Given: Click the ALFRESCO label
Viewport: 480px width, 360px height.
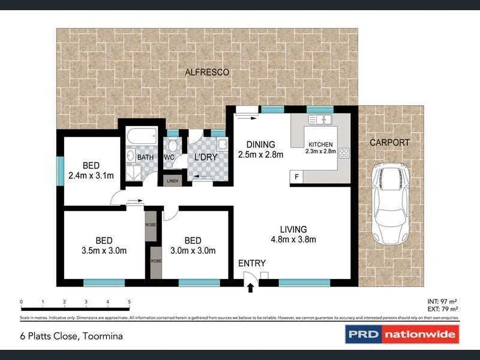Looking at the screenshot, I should coord(206,72).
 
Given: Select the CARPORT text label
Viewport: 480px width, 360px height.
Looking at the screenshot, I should coord(389,143).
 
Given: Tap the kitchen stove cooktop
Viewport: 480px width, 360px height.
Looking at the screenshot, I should coord(344,153).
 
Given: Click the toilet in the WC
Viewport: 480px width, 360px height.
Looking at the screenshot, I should coord(173,145).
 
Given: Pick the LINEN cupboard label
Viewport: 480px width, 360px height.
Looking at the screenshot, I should coord(172,180).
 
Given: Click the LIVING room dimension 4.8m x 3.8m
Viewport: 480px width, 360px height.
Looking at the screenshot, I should coord(293,239).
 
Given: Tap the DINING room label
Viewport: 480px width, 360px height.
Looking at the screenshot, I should coord(260,145).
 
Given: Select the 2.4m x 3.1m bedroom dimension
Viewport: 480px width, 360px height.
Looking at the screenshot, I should coord(91,175).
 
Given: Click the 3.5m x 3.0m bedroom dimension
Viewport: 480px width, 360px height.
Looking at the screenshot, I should coord(104,251).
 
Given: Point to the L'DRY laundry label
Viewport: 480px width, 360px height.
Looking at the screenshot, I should coord(205,157).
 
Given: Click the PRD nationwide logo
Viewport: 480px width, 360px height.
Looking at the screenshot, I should coord(401,334).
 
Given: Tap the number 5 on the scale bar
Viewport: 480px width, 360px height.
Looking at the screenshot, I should coord(129,302).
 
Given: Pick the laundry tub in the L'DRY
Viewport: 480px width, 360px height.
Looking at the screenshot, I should coord(221,144).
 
